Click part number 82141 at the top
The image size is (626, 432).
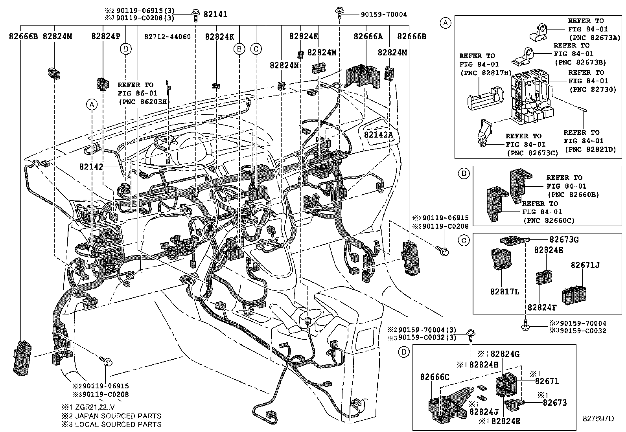[x=215, y=15]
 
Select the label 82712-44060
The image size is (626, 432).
[x=168, y=37]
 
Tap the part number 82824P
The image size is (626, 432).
[x=106, y=36]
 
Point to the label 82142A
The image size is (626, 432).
[x=378, y=134]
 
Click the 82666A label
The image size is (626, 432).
[x=368, y=36]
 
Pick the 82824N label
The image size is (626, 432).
[x=284, y=65]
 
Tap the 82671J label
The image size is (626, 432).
[x=585, y=265]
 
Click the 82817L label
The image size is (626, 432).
[x=504, y=292]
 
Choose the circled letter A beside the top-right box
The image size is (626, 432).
[x=445, y=23]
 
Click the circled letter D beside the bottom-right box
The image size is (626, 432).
[x=404, y=352]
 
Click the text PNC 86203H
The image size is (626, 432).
[x=143, y=101]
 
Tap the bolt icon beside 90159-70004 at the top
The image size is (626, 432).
[x=339, y=13]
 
